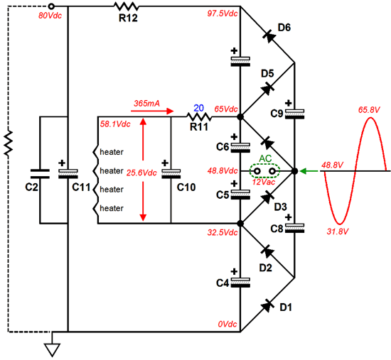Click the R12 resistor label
click(x=128, y=18)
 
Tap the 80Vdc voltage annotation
click(x=50, y=16)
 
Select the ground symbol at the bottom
click(x=53, y=349)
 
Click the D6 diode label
click(x=284, y=28)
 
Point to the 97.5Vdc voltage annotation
click(x=223, y=13)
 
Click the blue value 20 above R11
click(x=199, y=108)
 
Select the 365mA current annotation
click(x=146, y=104)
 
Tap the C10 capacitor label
click(x=186, y=187)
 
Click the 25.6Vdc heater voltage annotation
click(x=141, y=173)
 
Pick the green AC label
click(x=265, y=159)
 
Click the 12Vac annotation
click(x=263, y=182)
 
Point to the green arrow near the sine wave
click(x=309, y=171)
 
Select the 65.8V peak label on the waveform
click(x=369, y=109)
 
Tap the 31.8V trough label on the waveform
click(x=337, y=231)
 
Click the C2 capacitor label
click(x=32, y=187)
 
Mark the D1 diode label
click(x=286, y=307)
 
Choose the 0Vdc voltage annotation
click(x=227, y=324)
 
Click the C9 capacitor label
click(x=277, y=114)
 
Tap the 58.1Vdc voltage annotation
click(x=115, y=124)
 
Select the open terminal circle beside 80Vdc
click(x=51, y=6)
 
